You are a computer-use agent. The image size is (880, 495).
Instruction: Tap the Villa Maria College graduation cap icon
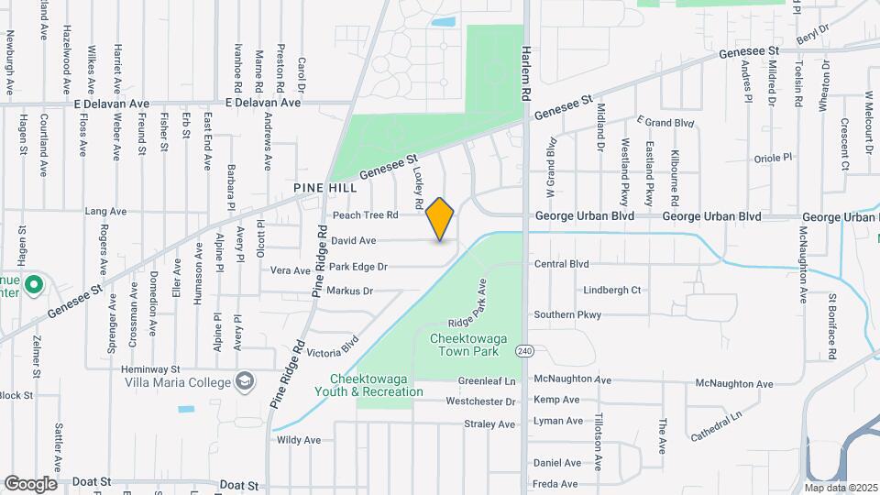click(x=245, y=380)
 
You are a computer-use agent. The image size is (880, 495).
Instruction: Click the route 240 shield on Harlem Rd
click(x=523, y=351)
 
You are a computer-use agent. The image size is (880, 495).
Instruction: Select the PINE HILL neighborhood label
click(x=324, y=187)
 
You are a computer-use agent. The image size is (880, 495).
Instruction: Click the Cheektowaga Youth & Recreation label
click(x=377, y=386)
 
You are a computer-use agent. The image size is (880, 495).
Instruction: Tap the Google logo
click(x=30, y=483)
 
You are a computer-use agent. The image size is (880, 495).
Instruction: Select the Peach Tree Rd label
click(x=365, y=215)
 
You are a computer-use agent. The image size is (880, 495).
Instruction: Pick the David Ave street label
click(x=354, y=241)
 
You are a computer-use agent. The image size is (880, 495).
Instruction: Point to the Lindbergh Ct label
click(x=611, y=291)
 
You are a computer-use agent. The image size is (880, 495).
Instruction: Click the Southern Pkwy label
click(x=567, y=315)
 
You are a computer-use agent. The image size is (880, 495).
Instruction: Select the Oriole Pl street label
click(x=772, y=159)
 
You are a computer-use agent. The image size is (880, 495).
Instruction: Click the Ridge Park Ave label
click(x=467, y=312)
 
